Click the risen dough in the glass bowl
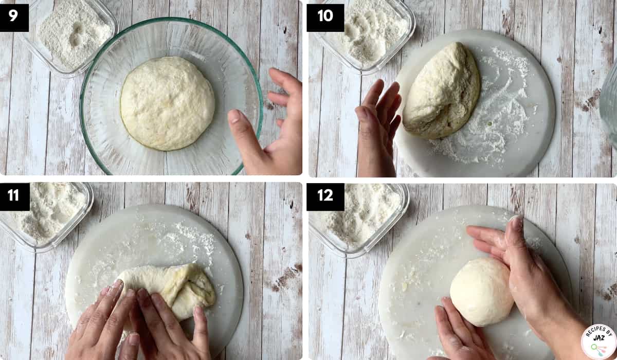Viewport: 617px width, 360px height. click(167, 103)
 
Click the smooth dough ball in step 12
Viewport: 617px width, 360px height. click(482, 292)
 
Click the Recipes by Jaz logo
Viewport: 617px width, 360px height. click(598, 342)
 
